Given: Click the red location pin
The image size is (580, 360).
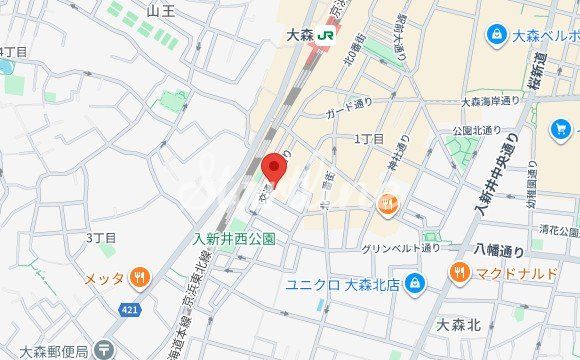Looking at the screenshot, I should point(273,170).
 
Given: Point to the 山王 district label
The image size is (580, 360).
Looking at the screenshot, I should point(160,10).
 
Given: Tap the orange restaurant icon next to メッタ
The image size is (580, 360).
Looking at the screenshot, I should point(140,277).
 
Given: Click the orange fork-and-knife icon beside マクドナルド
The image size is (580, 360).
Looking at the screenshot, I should point(459,271).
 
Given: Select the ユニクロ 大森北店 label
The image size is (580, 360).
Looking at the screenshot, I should point(342,285).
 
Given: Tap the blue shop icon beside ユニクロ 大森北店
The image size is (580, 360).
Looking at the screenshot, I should point(414,285).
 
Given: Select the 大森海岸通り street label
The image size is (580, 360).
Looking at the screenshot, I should point(491,100).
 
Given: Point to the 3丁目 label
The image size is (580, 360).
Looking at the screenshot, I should point(101,238).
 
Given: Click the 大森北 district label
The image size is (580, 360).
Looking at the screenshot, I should point(459,325).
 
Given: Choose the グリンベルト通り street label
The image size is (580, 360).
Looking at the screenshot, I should point(401,248).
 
